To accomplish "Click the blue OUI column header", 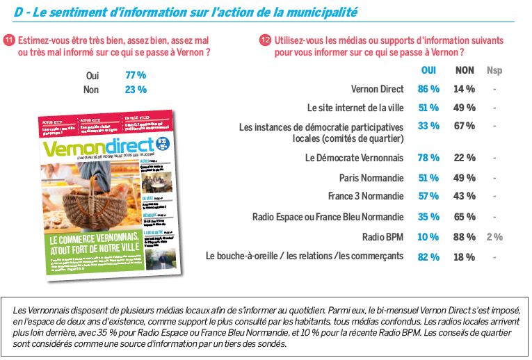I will click(x=429, y=70).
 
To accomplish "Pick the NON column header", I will click(x=465, y=70).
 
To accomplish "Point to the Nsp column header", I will click(x=494, y=70).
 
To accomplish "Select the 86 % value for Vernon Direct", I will click(x=428, y=89).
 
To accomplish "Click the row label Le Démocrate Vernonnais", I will click(x=354, y=158).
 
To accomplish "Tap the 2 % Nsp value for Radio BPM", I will click(x=494, y=237).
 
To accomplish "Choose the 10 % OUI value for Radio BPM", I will click(x=428, y=237).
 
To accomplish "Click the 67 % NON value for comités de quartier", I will click(x=464, y=126).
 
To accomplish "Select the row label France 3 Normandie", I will click(x=366, y=197).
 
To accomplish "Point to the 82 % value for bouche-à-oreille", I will click(x=428, y=256).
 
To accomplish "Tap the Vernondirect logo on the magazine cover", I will click(x=97, y=148).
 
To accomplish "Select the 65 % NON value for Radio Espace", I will click(x=464, y=217).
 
